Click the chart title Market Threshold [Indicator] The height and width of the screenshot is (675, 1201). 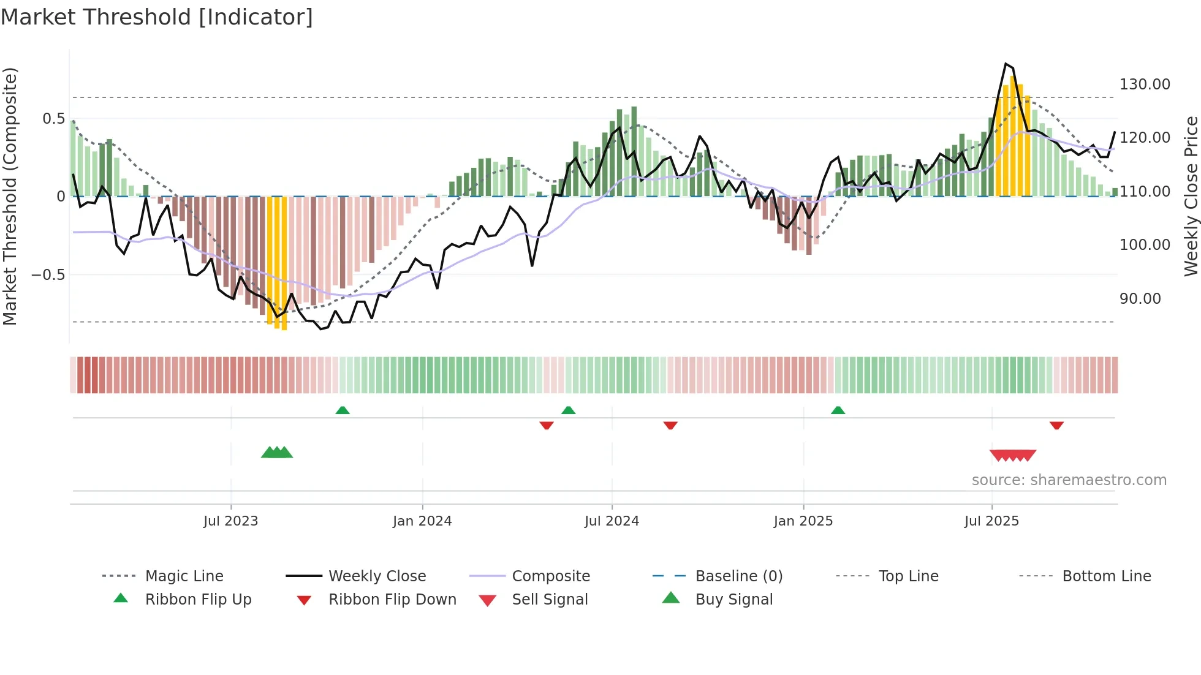pos(157,17)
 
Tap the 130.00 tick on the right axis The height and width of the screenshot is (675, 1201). pos(1144,85)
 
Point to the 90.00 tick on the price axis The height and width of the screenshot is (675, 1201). pos(1140,299)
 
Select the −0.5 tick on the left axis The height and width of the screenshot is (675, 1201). pos(48,275)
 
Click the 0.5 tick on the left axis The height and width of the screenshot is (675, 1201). pos(53,119)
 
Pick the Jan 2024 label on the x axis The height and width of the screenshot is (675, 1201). pos(422,521)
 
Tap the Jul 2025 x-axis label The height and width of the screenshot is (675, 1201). pos(991,521)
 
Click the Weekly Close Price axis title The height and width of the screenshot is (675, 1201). pos(1190,196)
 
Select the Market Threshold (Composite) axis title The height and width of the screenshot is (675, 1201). pos(10,196)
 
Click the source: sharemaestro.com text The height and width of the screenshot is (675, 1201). pos(1069,480)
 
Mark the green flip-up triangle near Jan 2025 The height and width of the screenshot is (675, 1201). pos(838,410)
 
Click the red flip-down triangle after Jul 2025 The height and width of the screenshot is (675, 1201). pos(1056,425)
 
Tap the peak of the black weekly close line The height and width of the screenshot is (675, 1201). pos(1006,64)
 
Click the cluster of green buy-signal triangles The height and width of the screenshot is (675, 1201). pos(277,453)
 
